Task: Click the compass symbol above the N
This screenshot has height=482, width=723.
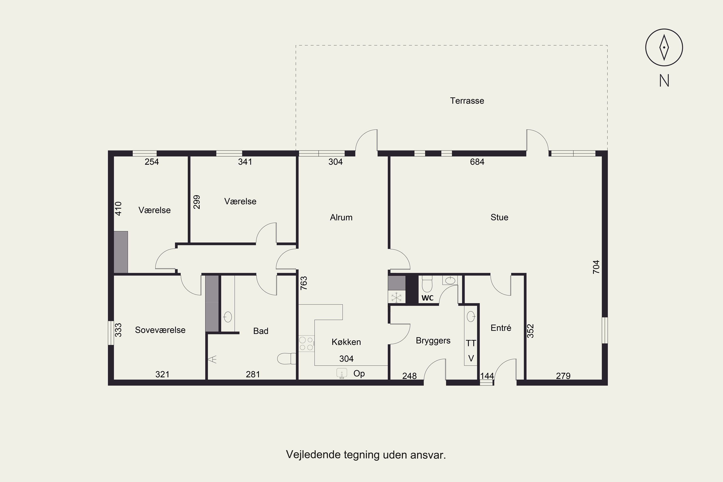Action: (664, 47)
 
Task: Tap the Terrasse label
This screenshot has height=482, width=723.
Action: (467, 101)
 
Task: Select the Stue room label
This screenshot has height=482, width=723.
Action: (499, 217)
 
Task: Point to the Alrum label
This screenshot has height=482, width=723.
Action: (341, 217)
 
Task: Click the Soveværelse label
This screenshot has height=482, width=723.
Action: (160, 330)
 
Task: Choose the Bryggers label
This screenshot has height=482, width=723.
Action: (433, 341)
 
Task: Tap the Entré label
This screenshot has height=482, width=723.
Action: (501, 328)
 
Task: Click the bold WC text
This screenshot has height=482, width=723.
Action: (427, 298)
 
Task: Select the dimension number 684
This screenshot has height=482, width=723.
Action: (477, 162)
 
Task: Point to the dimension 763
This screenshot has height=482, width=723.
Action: (303, 283)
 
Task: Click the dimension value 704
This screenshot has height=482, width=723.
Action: (596, 267)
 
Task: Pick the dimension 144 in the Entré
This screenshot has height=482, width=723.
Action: (487, 376)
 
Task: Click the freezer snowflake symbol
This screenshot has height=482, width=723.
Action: (396, 297)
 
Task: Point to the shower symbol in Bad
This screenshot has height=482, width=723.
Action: (212, 359)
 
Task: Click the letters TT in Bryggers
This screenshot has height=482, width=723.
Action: (471, 343)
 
